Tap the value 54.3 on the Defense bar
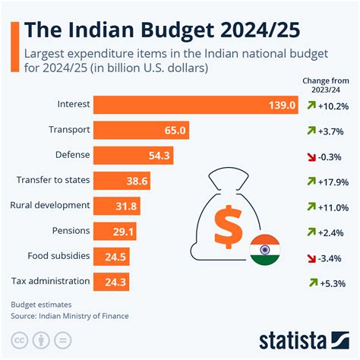[x=161, y=155]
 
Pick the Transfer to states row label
[x=52, y=180]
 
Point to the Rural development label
[x=51, y=205]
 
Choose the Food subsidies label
[x=59, y=256]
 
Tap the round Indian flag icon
[x=264, y=248]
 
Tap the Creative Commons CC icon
[x=21, y=337]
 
